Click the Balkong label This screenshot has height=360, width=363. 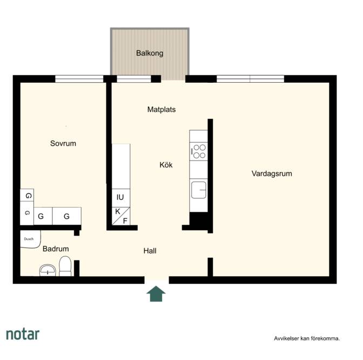tap(150, 54)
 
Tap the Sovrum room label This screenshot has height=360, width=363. tap(63, 143)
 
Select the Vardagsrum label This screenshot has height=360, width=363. tap(272, 174)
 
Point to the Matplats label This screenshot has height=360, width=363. tap(162, 109)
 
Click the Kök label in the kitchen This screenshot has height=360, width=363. tap(166, 165)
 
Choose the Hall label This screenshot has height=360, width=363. tap(150, 251)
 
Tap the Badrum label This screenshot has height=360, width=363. tap(56, 249)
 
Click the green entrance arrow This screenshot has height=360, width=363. tap(156, 294)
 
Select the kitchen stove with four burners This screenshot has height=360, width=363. tap(199, 151)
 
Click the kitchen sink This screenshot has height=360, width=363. tap(199, 190)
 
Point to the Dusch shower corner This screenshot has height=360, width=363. tap(30, 239)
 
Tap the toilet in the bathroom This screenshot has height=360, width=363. tap(65, 266)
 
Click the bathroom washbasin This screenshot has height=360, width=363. tap(48, 270)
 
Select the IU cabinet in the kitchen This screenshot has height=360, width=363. tap(121, 198)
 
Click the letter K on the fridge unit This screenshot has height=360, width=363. tap(118, 211)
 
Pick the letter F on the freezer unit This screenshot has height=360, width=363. tap(125, 221)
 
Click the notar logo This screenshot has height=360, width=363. tap(23, 335)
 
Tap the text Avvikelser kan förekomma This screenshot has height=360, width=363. tap(307, 338)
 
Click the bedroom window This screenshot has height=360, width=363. tap(79, 79)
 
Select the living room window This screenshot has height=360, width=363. tap(250, 79)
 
